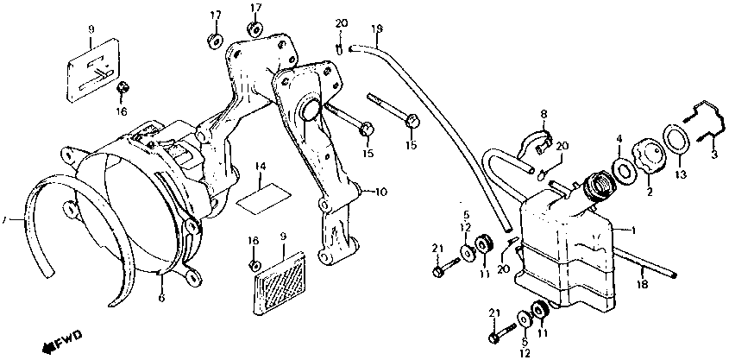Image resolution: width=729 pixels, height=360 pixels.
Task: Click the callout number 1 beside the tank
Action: pos(635,230)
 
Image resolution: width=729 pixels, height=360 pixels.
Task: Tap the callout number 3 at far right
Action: pos(713,154)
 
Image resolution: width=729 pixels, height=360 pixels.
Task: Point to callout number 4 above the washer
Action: pos(618,137)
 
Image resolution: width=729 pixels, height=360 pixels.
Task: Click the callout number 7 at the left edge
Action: pos(4,222)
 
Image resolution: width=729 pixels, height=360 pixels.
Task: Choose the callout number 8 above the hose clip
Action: pos(544,114)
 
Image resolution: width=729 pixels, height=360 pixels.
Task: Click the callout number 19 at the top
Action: pos(376,28)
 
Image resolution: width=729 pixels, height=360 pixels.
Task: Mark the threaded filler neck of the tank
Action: pos(595,187)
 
